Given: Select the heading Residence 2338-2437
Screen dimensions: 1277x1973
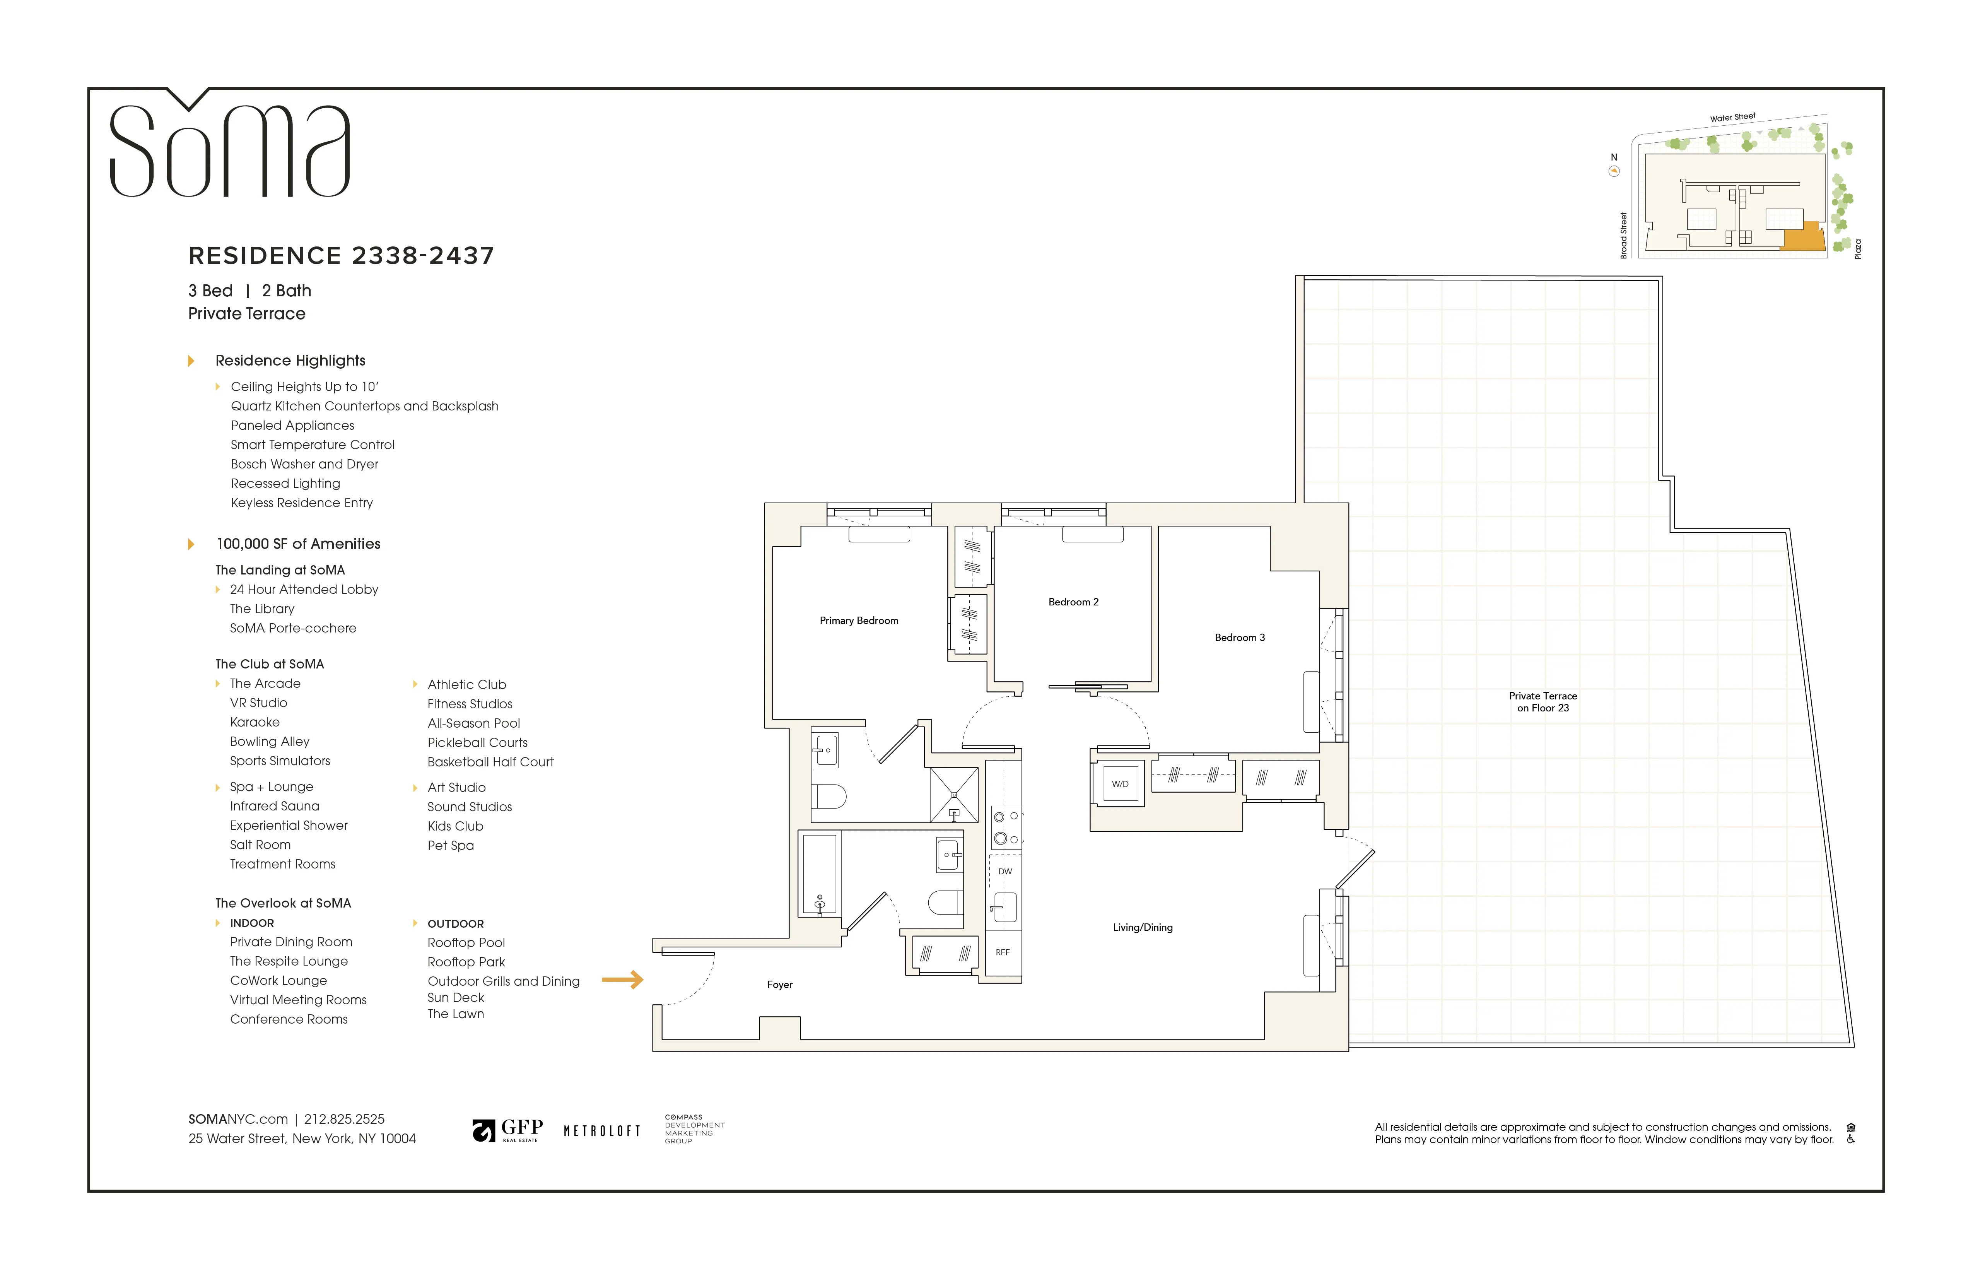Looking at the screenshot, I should tap(341, 255).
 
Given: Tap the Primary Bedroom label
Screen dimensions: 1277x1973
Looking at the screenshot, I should tap(859, 620).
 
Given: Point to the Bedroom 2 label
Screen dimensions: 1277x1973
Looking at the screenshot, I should tap(1073, 602).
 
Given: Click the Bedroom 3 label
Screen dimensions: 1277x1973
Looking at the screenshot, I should tap(1239, 638).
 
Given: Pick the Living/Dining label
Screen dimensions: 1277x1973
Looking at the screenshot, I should tap(1142, 927).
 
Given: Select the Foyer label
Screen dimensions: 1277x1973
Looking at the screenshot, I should tap(779, 984).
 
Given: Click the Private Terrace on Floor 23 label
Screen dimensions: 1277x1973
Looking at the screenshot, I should tap(1542, 701).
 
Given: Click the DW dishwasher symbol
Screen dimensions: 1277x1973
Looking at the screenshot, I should tap(1005, 872).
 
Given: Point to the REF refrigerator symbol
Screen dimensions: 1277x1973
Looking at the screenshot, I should tap(1002, 952).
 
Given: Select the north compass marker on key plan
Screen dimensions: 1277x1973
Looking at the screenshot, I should tap(1613, 171).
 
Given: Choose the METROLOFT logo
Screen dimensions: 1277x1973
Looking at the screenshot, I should tap(602, 1131).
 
